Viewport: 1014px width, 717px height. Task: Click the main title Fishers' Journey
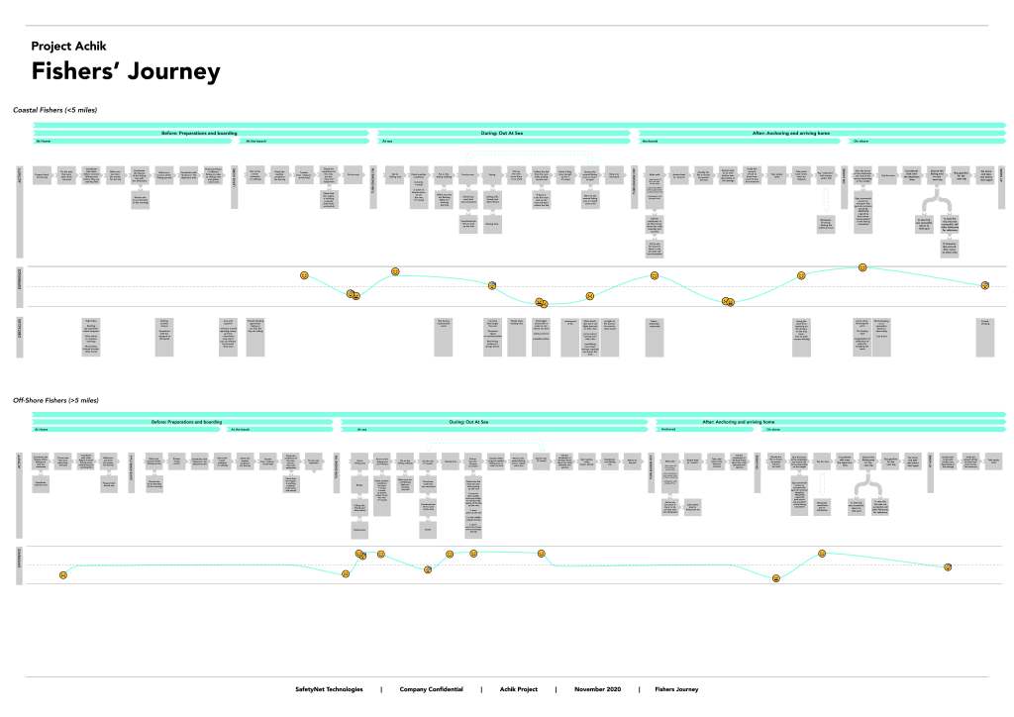pyautogui.click(x=126, y=72)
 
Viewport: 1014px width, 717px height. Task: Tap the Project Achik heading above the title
pyautogui.click(x=75, y=47)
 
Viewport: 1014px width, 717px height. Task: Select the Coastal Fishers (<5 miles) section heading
pyautogui.click(x=54, y=109)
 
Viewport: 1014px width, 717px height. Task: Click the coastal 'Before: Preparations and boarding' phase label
pyautogui.click(x=202, y=133)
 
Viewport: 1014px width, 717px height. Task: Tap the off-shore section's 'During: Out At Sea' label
pyautogui.click(x=469, y=421)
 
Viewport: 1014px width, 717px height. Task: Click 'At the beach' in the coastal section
pyautogui.click(x=255, y=142)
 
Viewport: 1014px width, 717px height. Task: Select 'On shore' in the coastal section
pyautogui.click(x=861, y=142)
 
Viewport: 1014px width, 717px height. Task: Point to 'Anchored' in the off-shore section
pyautogui.click(x=667, y=430)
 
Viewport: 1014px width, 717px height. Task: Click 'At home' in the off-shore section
pyautogui.click(x=41, y=430)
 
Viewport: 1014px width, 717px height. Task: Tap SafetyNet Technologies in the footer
pyautogui.click(x=330, y=689)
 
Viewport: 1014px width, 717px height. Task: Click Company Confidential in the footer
pyautogui.click(x=431, y=689)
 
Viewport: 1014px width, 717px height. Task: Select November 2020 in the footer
pyautogui.click(x=597, y=689)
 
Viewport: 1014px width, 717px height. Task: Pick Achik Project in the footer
pyautogui.click(x=518, y=689)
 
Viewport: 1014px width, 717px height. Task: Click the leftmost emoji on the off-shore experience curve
pyautogui.click(x=63, y=575)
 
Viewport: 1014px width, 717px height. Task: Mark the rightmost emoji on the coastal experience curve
pyautogui.click(x=984, y=285)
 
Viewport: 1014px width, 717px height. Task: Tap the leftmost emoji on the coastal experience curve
pyautogui.click(x=305, y=274)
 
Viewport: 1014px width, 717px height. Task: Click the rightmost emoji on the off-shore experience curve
pyautogui.click(x=948, y=567)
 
